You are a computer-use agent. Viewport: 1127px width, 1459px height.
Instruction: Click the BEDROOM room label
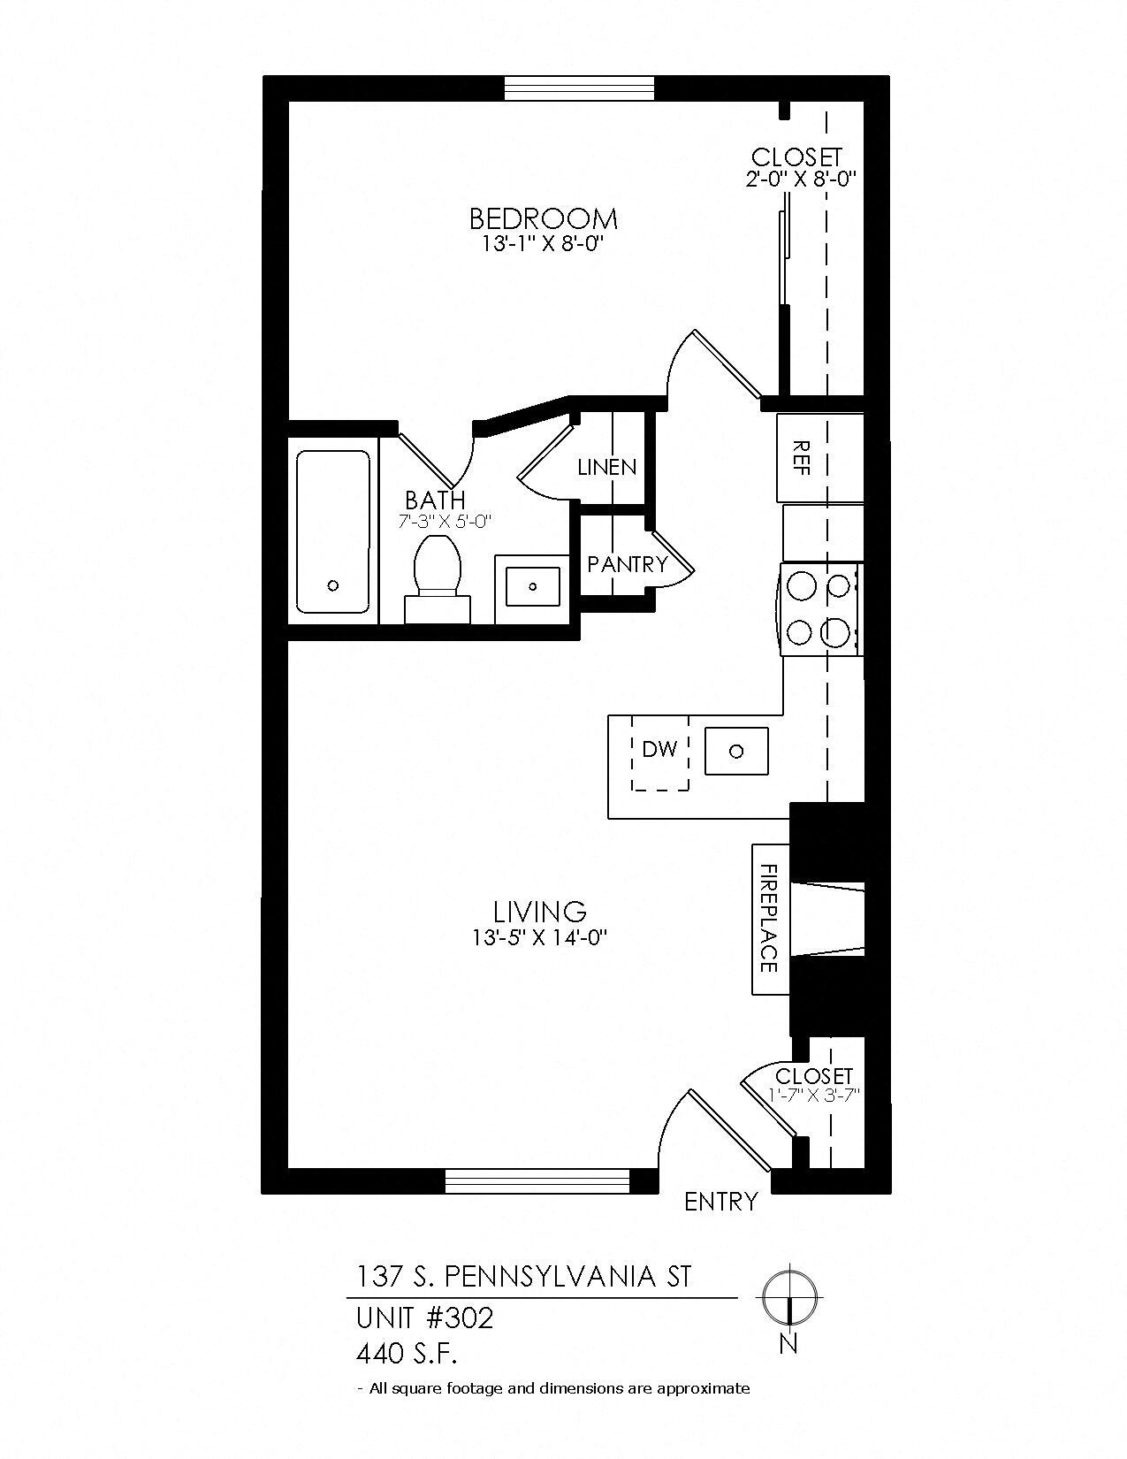(x=543, y=218)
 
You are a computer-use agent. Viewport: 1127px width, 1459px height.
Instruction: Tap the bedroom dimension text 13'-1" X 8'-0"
(x=542, y=244)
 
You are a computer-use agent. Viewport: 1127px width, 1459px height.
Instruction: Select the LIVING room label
(x=540, y=911)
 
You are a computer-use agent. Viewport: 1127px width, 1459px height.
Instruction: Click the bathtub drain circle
(x=333, y=585)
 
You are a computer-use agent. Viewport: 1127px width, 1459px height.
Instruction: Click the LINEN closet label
(x=606, y=467)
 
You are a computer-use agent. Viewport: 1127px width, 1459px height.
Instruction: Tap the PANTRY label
(x=627, y=564)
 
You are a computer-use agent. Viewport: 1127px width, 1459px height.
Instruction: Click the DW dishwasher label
(x=659, y=750)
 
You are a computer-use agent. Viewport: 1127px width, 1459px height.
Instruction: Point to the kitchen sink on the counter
(x=736, y=752)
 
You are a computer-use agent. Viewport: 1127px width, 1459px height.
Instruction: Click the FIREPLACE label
(x=768, y=919)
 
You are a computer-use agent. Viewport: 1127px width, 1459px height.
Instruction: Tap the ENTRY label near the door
(x=721, y=1202)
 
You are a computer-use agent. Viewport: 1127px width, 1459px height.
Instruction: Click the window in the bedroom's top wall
(x=579, y=88)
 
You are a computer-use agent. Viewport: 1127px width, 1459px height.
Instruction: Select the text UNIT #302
(x=424, y=1318)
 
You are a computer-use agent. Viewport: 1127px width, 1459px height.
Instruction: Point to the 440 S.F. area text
(x=407, y=1353)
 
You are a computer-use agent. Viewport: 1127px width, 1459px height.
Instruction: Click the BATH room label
(x=435, y=500)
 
